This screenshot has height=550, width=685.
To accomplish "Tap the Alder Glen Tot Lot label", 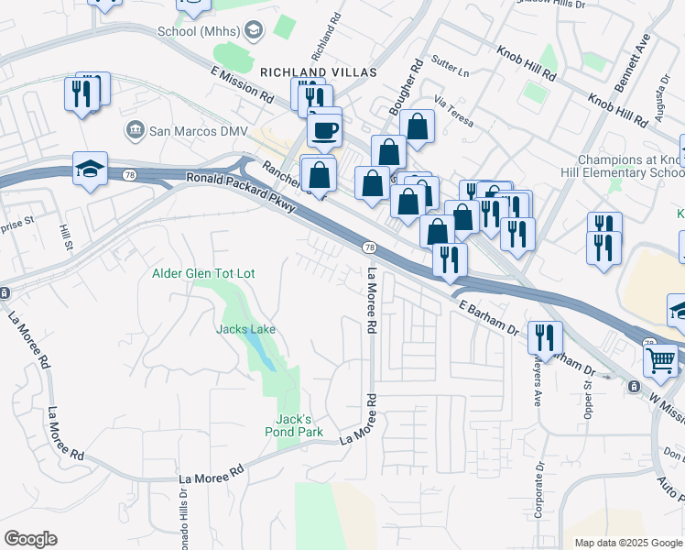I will click(203, 273).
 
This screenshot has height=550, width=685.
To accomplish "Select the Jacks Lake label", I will click(245, 329).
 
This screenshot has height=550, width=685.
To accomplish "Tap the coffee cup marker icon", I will click(323, 130).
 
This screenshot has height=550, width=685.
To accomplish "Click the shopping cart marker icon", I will click(660, 360).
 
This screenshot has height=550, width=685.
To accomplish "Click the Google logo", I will click(31, 538).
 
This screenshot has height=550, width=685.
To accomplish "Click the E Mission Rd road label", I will click(242, 83).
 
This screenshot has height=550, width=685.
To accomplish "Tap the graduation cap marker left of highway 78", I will click(91, 170).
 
